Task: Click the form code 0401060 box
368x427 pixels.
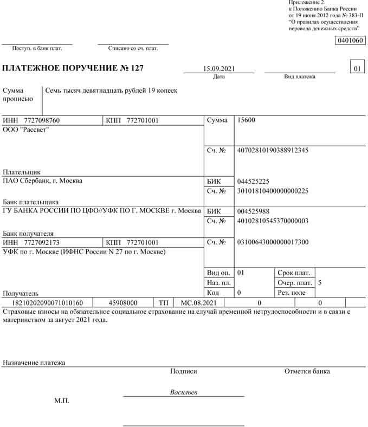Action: [350, 41]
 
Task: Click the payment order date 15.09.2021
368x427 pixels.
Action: [218, 69]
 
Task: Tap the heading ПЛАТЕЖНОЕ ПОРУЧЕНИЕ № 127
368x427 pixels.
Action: [73, 69]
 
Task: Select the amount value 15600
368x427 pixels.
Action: [246, 120]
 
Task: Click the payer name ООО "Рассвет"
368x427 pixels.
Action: [26, 130]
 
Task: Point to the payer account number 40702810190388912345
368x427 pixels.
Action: [273, 150]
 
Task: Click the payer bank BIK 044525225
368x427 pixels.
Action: [253, 181]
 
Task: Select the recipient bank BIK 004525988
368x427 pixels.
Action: [253, 211]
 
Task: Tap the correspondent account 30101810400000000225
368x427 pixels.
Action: [273, 191]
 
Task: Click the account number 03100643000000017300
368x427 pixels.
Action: [273, 242]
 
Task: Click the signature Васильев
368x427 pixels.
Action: [184, 392]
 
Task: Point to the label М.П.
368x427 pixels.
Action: [62, 401]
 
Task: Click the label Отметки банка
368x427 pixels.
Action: [307, 371]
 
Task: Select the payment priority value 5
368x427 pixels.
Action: [320, 283]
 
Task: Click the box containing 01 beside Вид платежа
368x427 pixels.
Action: [357, 69]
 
